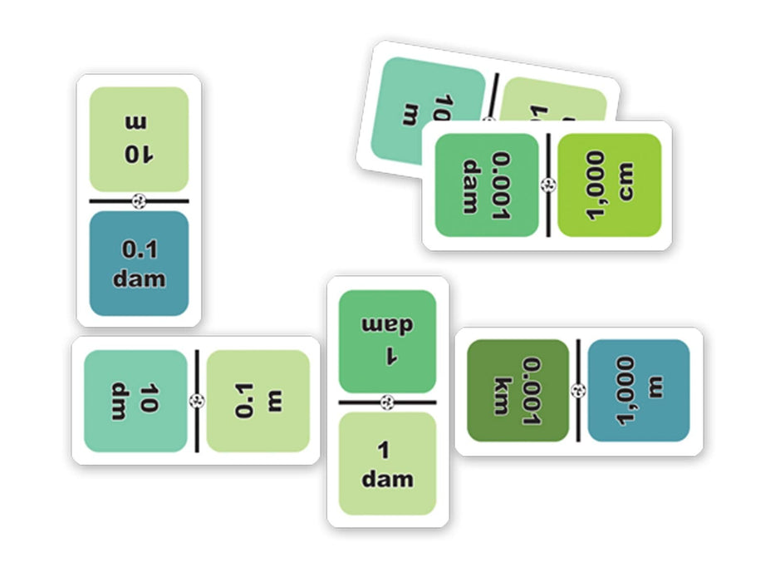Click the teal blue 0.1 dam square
point(140,264)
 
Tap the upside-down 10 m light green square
point(139,140)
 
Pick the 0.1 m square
point(258,401)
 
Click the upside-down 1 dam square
point(387,341)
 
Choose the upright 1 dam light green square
point(387,464)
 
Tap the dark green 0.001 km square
point(518,390)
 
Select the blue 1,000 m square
point(639,390)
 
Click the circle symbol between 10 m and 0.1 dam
point(140,200)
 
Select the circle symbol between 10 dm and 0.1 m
point(197,401)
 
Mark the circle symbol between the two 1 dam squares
point(387,402)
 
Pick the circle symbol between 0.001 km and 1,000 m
point(579,390)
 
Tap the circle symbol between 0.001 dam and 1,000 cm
point(548,185)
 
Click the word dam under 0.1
point(140,278)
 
